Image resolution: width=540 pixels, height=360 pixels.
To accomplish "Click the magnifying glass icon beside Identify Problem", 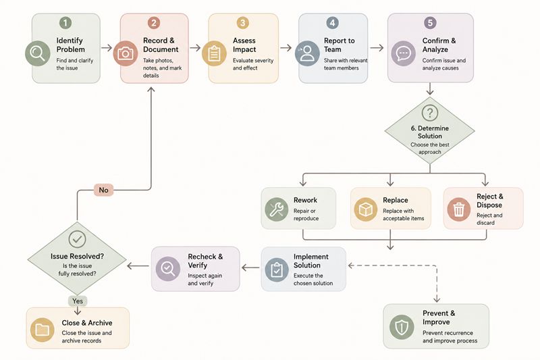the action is pos(38,53).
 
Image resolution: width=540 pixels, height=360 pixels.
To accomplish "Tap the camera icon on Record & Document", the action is pos(126,53).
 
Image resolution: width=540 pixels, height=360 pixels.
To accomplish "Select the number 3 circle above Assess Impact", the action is pos(243,23).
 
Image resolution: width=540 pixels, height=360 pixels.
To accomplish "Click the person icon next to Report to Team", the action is pos(307,53).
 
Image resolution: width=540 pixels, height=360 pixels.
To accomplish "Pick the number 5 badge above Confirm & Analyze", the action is pos(430,23).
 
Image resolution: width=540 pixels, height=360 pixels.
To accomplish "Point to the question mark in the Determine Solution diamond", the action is pos(430,113).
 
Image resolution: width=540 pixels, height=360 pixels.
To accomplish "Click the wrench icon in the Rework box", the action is pos(277,209).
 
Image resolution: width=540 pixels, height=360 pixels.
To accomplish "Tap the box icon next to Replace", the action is pos(365,209).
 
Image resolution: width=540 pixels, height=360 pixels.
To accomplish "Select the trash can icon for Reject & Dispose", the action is pos(459,209).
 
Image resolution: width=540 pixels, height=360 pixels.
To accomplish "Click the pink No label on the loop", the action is pos(104,190).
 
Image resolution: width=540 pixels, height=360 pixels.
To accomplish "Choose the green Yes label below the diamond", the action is pos(78,301).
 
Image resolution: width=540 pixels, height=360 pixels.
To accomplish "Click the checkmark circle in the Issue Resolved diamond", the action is pos(77,239).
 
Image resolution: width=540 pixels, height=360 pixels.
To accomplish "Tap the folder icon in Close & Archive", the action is pos(43,330).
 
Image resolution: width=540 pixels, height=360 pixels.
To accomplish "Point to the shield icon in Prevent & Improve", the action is pos(402,327).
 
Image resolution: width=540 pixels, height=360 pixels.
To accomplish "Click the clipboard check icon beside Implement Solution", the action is pos(277,269).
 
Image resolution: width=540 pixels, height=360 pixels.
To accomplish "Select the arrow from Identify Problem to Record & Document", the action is pos(107,47).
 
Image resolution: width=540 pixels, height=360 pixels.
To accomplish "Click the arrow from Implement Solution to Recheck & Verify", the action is pos(250,267).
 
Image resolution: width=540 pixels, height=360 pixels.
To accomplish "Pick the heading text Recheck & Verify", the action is pos(205,261).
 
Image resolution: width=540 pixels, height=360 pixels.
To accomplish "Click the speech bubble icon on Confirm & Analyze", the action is pos(403,53).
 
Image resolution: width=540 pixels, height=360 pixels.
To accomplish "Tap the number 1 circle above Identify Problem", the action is pos(65,23).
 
